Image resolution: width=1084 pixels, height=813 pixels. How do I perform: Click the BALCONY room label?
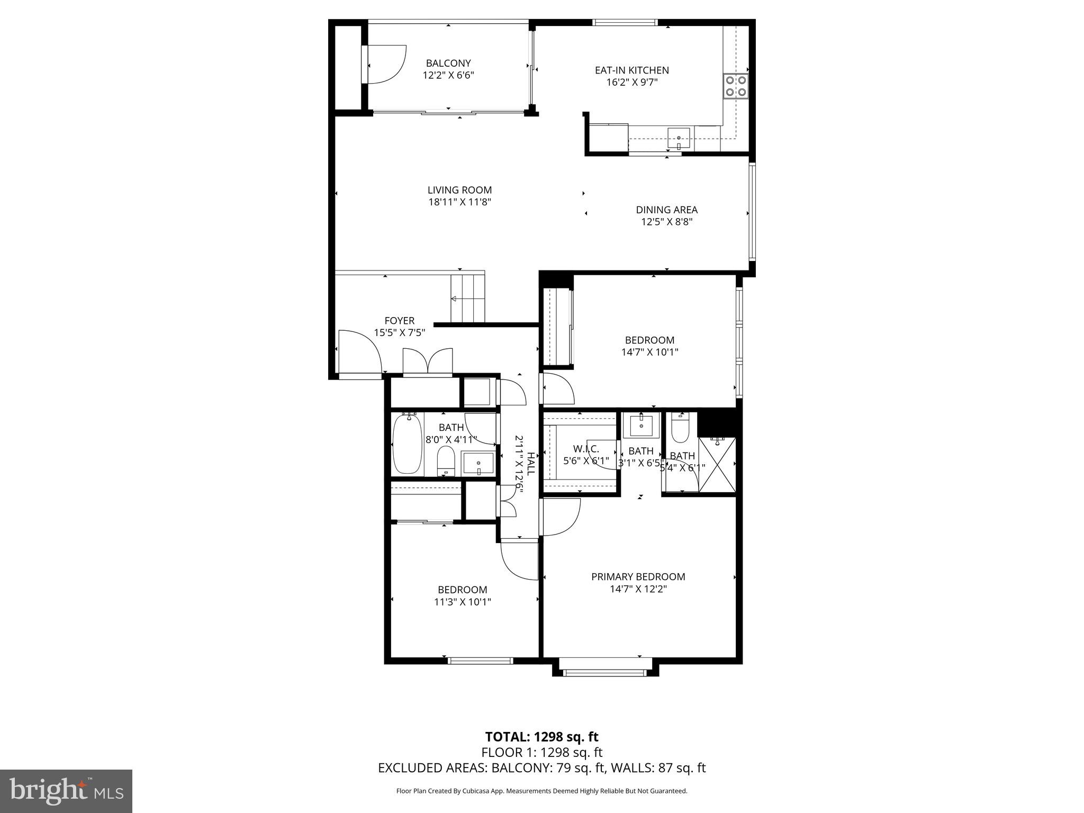[x=448, y=64]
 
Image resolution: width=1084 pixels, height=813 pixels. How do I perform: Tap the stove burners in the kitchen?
[x=736, y=86]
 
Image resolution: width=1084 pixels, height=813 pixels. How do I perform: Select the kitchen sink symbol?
[x=679, y=139]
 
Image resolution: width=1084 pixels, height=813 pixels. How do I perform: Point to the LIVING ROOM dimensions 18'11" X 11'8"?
[x=459, y=202]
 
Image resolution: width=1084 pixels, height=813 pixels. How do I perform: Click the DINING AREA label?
[x=666, y=210]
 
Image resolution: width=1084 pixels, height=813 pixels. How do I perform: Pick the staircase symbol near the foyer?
[x=467, y=299]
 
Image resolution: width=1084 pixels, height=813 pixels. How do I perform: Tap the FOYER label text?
[x=399, y=321]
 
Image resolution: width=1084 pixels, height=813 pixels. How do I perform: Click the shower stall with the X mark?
[x=717, y=464]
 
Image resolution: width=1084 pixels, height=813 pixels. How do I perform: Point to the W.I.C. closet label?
[x=586, y=449]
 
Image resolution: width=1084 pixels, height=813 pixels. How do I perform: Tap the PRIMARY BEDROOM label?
[x=638, y=577]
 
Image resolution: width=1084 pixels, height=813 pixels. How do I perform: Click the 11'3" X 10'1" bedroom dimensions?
[x=463, y=602]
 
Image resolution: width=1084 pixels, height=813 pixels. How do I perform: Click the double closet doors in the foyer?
[x=428, y=363]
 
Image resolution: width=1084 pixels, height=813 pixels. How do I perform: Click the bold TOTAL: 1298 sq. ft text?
[x=541, y=737]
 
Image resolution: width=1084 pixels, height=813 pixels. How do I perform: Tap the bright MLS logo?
[x=67, y=791]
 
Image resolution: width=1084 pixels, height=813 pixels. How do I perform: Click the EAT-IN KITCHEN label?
[x=631, y=70]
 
